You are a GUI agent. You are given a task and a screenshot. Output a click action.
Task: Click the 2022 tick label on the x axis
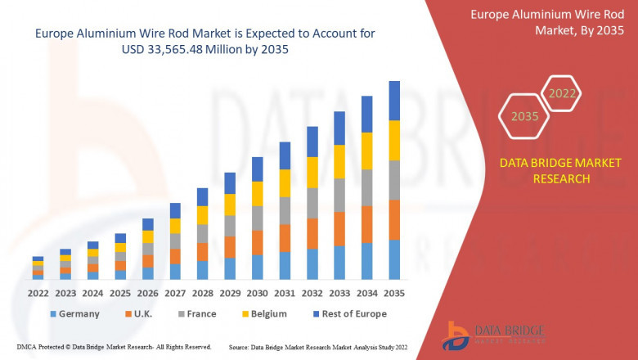pos(38,292)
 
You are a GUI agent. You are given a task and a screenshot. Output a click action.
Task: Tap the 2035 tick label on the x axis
pos(394,292)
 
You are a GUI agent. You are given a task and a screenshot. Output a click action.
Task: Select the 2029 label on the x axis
pos(230,292)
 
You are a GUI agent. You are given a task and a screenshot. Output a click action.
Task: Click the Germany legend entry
pos(74,313)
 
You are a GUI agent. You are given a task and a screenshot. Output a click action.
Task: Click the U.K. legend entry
pos(137,313)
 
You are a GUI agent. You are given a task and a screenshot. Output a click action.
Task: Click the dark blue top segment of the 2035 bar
pos(394,101)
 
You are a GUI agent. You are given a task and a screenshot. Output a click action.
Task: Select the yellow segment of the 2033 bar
pos(339,162)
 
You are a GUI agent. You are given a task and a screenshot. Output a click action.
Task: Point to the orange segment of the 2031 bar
pos(285,237)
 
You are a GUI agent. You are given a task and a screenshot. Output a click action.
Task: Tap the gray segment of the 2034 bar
pos(367,187)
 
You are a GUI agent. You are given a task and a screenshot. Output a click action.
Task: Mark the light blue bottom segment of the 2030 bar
pos(258,267)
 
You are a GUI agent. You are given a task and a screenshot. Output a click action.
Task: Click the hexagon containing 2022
pos(563,93)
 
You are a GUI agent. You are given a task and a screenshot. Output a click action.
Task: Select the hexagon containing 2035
pos(524,116)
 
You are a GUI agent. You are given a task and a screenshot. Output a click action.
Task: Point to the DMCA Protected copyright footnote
pos(107,347)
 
